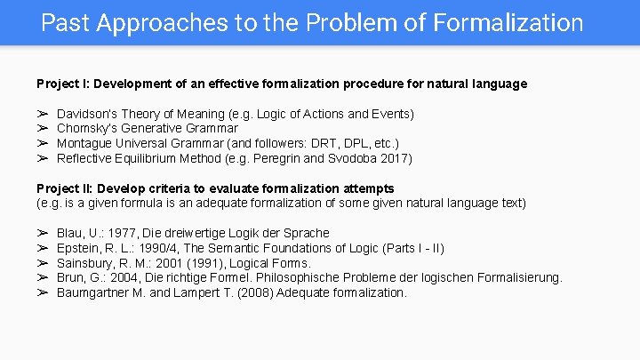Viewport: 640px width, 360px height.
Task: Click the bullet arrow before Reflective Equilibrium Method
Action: click(42, 159)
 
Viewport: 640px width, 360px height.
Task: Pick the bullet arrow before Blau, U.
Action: click(42, 233)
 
